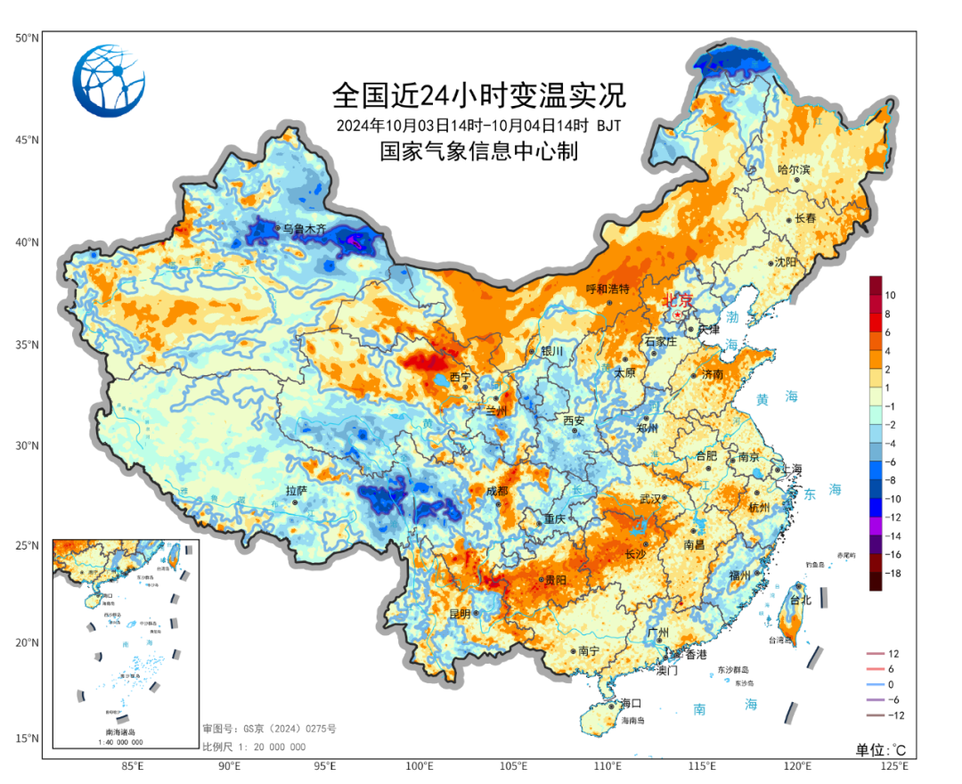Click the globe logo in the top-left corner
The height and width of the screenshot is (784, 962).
[x=109, y=80]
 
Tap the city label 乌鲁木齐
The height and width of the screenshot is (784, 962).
[x=306, y=229]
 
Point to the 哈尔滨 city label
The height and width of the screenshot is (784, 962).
[x=794, y=169]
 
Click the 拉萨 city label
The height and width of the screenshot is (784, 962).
[x=296, y=491]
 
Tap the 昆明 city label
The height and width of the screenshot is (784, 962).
[x=460, y=614]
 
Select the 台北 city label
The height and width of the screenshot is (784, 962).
[x=800, y=600]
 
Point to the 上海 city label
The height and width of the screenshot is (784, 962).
[x=788, y=470]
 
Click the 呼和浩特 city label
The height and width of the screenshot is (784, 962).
[x=607, y=290]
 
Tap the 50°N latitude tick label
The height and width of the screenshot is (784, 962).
[x=26, y=38]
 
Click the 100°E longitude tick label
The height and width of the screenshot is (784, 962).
[x=420, y=765]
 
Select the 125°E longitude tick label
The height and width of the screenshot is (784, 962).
[x=893, y=765]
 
